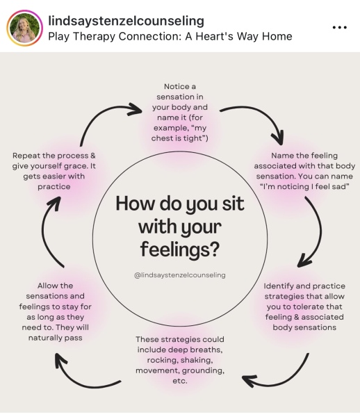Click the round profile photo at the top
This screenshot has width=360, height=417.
pyautogui.click(x=24, y=28)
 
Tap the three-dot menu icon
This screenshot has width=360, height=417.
pyautogui.click(x=340, y=27)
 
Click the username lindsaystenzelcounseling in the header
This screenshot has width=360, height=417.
pyautogui.click(x=126, y=21)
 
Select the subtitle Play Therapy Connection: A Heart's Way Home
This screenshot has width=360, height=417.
pyautogui.click(x=170, y=36)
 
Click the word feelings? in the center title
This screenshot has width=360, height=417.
pyautogui.click(x=180, y=250)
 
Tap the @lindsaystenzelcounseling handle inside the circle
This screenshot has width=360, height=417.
pyautogui.click(x=180, y=275)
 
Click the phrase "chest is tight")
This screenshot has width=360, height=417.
pyautogui.click(x=180, y=138)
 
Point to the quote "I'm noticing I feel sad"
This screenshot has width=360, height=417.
pyautogui.click(x=304, y=187)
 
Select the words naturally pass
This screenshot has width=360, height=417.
pyautogui.click(x=56, y=338)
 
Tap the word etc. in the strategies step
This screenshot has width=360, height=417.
pyautogui.click(x=180, y=381)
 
